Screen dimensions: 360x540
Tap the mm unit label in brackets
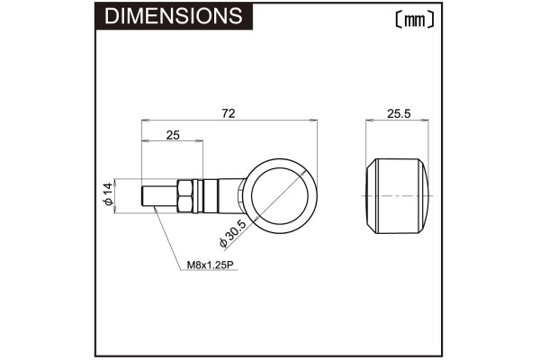click(x=414, y=19)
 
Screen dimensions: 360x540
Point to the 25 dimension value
click(x=173, y=135)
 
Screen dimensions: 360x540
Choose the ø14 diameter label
click(x=107, y=194)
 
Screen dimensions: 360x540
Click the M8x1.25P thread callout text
click(x=210, y=265)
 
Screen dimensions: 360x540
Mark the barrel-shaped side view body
click(x=399, y=195)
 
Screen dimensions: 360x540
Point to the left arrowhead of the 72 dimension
click(x=145, y=121)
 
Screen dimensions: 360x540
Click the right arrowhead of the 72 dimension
click(x=315, y=121)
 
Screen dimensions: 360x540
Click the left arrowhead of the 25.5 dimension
click(x=368, y=121)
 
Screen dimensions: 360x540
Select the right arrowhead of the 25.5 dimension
click(x=429, y=121)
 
